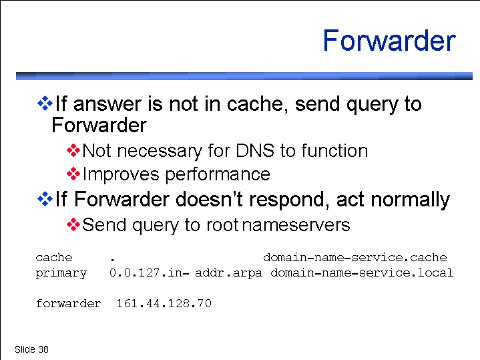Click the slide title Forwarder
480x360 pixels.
click(x=389, y=41)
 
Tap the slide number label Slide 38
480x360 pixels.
click(x=31, y=349)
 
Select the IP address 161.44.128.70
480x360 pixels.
click(x=164, y=303)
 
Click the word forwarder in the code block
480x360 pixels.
click(x=68, y=303)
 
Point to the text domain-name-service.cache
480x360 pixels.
click(x=355, y=257)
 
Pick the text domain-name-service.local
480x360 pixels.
click(x=362, y=273)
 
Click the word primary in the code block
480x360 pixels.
click(x=61, y=273)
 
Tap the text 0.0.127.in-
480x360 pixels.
click(x=149, y=273)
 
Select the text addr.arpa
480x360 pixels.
click(x=228, y=273)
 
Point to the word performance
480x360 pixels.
click(x=218, y=175)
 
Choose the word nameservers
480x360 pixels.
click(x=296, y=225)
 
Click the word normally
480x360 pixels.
click(x=410, y=200)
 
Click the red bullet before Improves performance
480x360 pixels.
click(x=73, y=174)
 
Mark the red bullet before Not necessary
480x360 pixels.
click(x=73, y=150)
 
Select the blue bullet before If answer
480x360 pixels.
click(x=45, y=104)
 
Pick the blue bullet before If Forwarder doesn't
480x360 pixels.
click(x=45, y=199)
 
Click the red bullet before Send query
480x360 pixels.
click(x=73, y=225)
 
